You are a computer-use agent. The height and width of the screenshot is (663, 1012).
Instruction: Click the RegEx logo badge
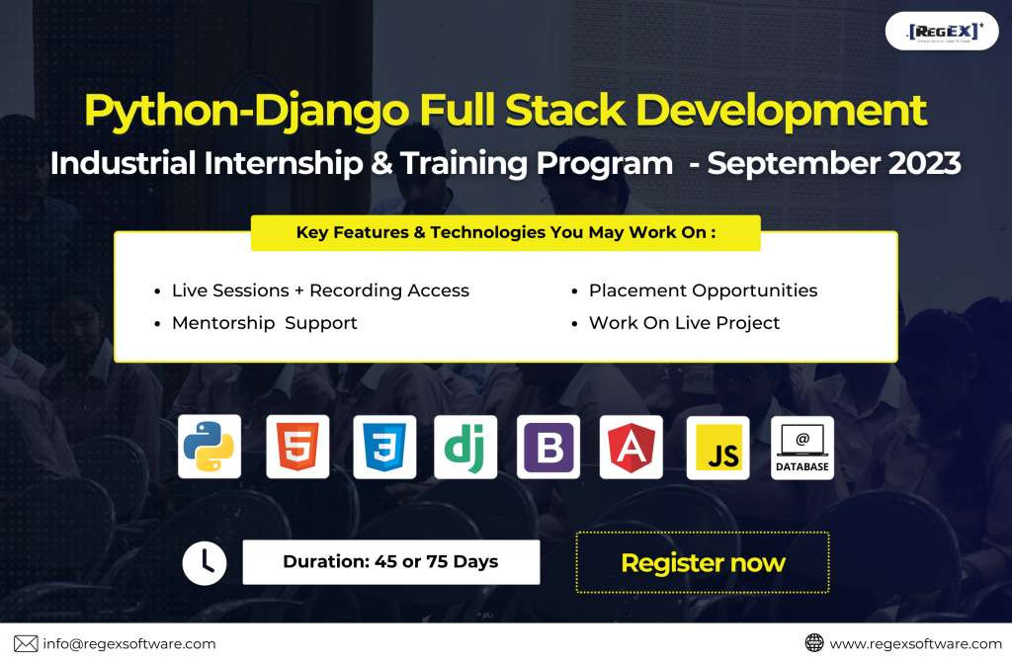pyautogui.click(x=942, y=31)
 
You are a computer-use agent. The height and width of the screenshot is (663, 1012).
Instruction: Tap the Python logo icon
pyautogui.click(x=210, y=446)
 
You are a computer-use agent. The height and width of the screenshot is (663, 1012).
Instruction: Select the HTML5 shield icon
pyautogui.click(x=297, y=446)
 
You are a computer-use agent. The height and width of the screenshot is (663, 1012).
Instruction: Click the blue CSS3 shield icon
pyautogui.click(x=384, y=446)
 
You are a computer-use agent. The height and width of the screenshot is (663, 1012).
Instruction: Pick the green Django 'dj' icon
pyautogui.click(x=465, y=446)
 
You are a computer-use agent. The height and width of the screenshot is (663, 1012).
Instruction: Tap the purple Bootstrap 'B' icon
pyautogui.click(x=548, y=446)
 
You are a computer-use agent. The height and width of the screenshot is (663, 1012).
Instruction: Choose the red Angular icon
pyautogui.click(x=632, y=446)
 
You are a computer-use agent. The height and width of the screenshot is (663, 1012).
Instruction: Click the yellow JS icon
pyautogui.click(x=717, y=448)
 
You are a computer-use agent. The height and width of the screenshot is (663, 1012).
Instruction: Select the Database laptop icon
pyautogui.click(x=802, y=448)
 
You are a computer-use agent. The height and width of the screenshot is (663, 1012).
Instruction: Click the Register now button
pyautogui.click(x=703, y=562)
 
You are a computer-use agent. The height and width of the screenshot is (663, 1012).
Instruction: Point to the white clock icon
pyautogui.click(x=205, y=563)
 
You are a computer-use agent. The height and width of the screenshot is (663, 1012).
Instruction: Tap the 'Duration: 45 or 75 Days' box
pyautogui.click(x=391, y=561)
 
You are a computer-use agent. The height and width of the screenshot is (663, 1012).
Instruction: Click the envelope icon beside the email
pyautogui.click(x=26, y=643)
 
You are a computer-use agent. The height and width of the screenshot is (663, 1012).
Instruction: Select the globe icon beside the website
pyautogui.click(x=814, y=643)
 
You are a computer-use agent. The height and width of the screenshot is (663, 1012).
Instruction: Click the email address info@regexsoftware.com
pyautogui.click(x=129, y=643)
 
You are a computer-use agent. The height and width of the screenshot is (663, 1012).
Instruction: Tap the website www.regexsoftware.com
pyautogui.click(x=916, y=643)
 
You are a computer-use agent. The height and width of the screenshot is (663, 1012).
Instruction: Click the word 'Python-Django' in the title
pyautogui.click(x=246, y=111)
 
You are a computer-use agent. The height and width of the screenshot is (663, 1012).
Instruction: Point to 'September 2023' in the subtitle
pyautogui.click(x=834, y=163)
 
